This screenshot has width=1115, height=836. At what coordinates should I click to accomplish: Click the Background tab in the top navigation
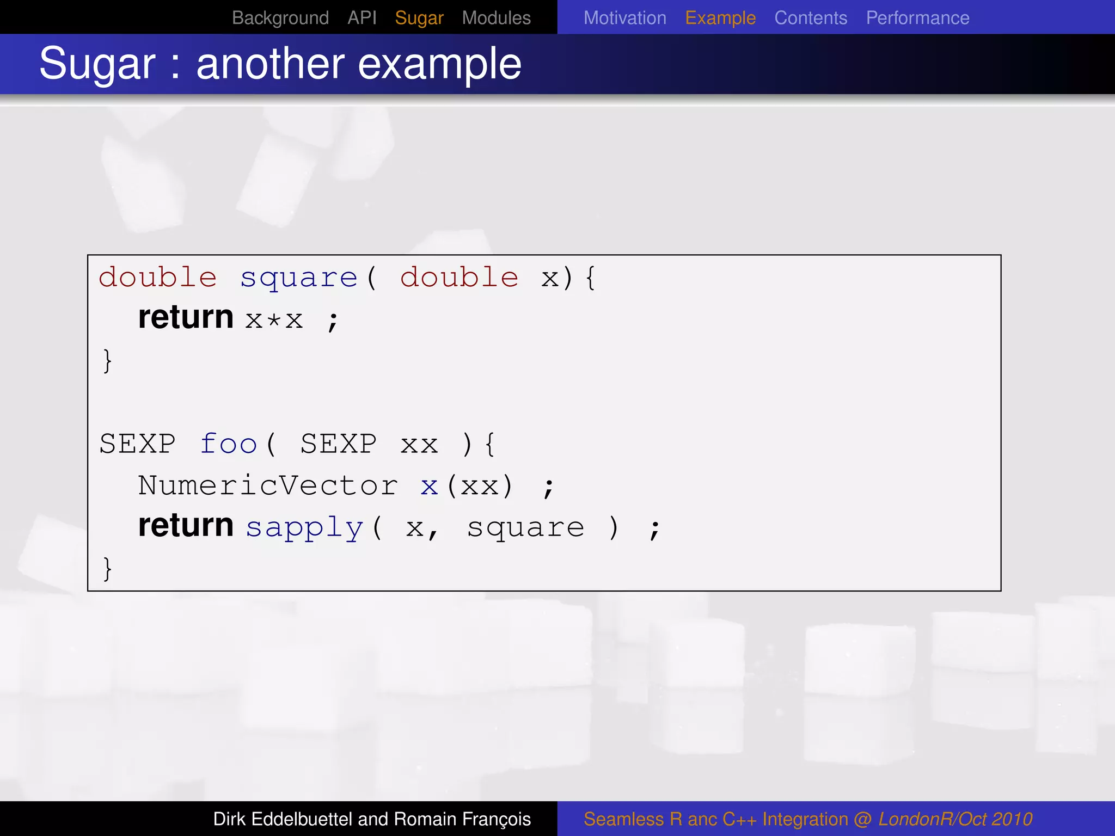[280, 18]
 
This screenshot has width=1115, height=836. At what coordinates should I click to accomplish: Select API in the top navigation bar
[362, 18]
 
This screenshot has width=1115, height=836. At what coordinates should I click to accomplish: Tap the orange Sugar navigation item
[419, 18]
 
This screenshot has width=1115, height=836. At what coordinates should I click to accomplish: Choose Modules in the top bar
[496, 18]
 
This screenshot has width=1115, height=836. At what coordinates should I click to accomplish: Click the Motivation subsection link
[624, 18]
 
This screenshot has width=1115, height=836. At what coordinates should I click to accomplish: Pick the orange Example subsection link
[720, 18]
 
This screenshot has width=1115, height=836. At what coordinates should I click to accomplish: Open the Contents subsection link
[811, 18]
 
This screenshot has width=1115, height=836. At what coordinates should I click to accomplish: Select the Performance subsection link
[917, 18]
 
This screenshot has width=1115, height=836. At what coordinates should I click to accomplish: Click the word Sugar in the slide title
[97, 64]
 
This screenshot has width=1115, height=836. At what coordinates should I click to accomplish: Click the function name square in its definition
[299, 278]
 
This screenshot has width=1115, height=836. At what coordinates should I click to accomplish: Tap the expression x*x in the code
[274, 320]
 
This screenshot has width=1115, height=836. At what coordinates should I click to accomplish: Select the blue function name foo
[229, 444]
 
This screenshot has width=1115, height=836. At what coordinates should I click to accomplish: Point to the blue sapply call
[304, 527]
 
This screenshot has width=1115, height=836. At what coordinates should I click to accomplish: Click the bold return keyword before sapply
[186, 525]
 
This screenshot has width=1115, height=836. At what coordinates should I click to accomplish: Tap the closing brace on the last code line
[107, 569]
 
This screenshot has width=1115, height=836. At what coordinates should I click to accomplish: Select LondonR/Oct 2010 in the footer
[955, 819]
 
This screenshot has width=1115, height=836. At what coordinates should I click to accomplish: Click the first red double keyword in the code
[157, 278]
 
